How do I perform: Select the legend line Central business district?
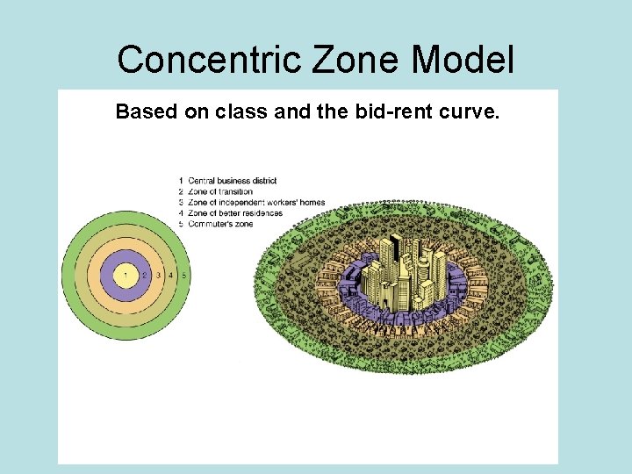[232, 181]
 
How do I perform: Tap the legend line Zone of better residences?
[234, 213]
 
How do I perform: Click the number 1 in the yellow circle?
[126, 275]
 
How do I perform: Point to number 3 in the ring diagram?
[158, 275]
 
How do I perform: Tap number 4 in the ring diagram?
[171, 275]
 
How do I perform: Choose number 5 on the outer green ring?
[183, 275]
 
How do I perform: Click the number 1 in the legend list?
[180, 181]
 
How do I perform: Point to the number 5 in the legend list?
[180, 224]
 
